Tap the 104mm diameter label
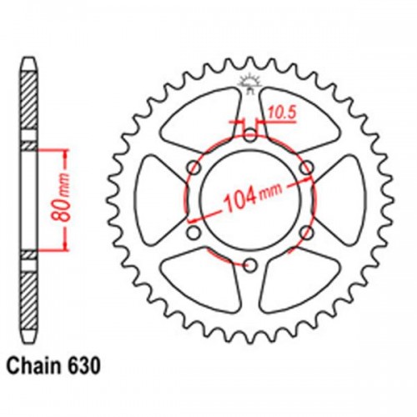pyautogui.click(x=249, y=201)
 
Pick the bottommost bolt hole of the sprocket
pyautogui.click(x=249, y=265)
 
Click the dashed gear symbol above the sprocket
pyautogui.click(x=249, y=83)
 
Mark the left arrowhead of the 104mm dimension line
pyautogui.click(x=187, y=200)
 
